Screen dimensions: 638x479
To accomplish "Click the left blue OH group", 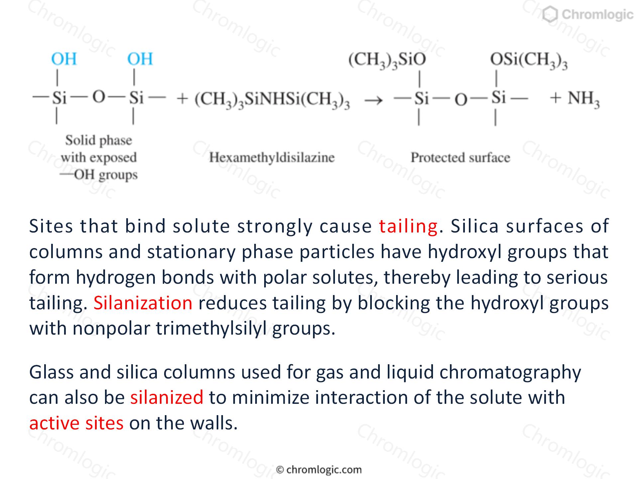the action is tap(64, 59).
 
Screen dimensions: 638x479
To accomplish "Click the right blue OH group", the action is tap(140, 59).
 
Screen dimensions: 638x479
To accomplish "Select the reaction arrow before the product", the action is tap(374, 100).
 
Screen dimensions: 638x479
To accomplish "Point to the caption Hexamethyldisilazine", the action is tap(272, 157).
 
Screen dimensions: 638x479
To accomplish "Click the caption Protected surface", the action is tap(460, 157).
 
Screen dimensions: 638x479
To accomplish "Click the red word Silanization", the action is tap(143, 303).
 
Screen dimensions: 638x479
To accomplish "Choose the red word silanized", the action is tap(167, 397).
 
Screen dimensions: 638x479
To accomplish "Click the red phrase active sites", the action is tap(76, 423).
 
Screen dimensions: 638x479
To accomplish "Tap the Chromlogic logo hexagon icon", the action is tap(550, 15).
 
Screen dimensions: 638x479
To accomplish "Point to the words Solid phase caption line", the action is tap(99, 140).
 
